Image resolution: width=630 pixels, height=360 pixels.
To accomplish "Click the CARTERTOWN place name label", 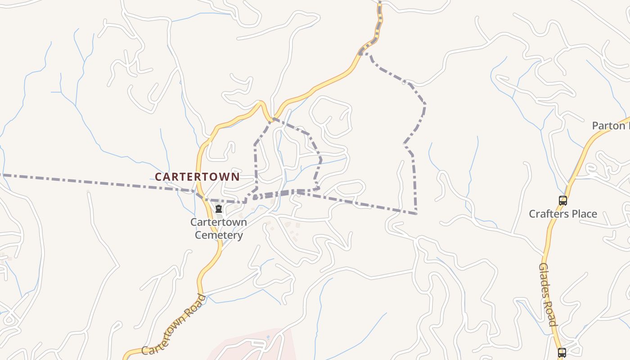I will [x=197, y=177].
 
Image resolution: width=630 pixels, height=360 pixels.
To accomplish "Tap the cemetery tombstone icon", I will [x=219, y=209].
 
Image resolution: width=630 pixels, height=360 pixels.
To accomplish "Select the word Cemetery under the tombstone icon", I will [x=219, y=235].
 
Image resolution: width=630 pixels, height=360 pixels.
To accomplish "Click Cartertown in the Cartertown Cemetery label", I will [x=219, y=222].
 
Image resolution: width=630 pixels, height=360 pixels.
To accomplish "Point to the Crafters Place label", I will [x=562, y=214].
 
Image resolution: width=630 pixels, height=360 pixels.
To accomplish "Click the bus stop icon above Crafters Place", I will [x=562, y=201].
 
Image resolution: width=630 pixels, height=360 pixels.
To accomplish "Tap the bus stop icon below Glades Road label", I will [x=562, y=352].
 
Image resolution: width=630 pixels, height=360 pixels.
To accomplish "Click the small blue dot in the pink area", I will [x=268, y=337].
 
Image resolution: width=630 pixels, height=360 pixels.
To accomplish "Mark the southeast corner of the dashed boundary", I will [x=416, y=213].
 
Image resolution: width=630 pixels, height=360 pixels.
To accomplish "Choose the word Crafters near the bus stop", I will [x=546, y=214].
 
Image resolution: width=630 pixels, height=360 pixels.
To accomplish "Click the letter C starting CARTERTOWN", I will [x=158, y=177].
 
